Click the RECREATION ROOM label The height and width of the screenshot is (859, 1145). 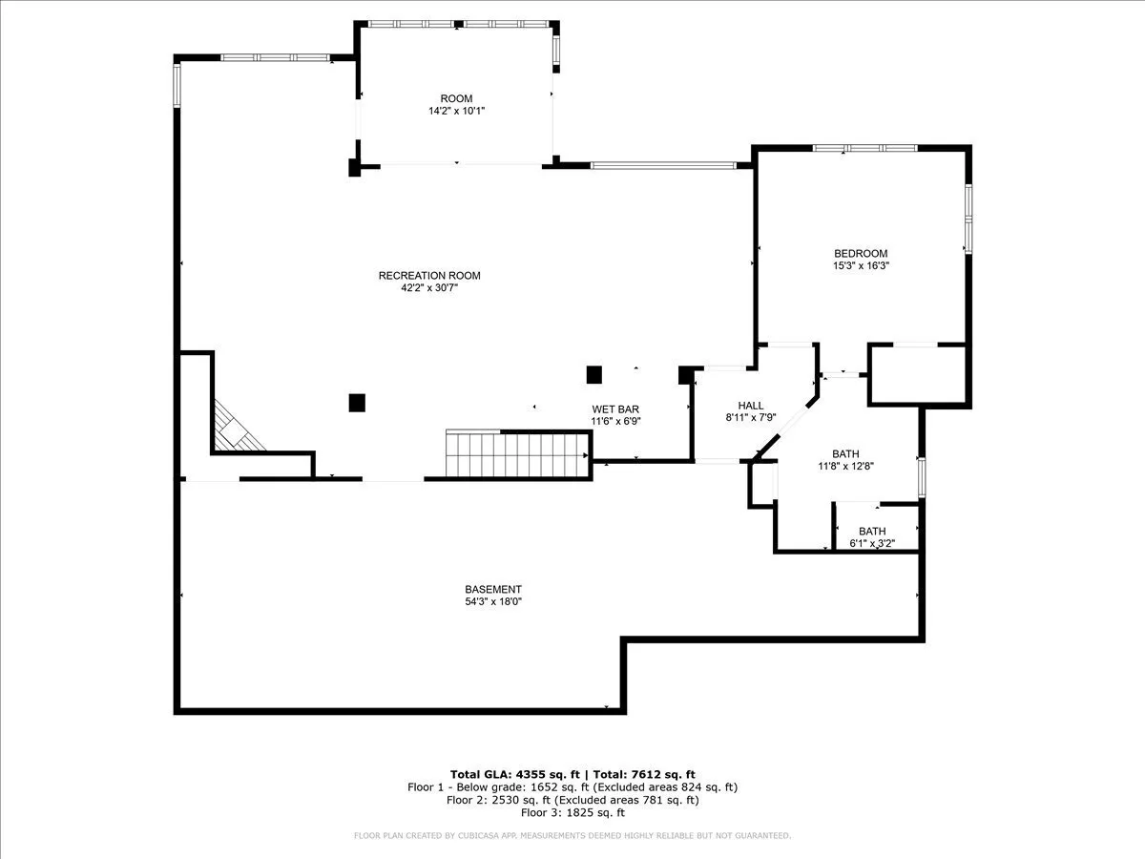coord(429,276)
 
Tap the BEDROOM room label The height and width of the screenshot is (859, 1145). coord(861,254)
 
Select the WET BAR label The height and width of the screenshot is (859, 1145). coord(615,409)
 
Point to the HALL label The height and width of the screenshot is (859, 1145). coord(751,406)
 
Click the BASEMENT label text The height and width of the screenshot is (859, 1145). coord(493,589)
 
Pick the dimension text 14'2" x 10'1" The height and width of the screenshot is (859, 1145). coord(457,111)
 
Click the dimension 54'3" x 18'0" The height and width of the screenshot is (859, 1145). coord(493,601)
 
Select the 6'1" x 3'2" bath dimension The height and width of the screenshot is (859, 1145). coord(872,543)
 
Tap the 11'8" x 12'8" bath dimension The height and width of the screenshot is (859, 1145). coord(845,466)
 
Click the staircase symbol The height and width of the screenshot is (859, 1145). coord(517,452)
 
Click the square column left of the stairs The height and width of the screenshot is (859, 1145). coord(357,403)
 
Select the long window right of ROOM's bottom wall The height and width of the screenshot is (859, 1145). coord(663,166)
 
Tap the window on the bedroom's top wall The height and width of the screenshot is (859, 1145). coord(864,148)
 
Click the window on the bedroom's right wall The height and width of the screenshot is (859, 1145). coord(968,220)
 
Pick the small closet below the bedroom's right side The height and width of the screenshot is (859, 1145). coord(918,374)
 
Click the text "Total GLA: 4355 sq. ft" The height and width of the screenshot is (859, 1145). coord(515,774)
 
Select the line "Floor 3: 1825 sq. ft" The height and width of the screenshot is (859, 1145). coord(572,812)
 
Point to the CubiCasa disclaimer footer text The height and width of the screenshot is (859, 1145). coord(572,835)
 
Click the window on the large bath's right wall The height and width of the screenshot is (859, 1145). coord(922,477)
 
